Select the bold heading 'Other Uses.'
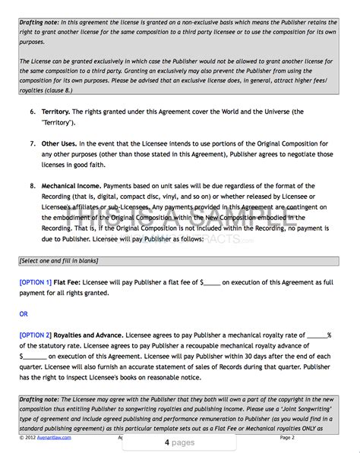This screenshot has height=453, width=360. pyautogui.click(x=62, y=143)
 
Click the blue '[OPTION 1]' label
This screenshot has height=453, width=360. pyautogui.click(x=36, y=282)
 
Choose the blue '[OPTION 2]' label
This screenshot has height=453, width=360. pyautogui.click(x=36, y=334)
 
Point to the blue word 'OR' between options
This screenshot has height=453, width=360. pyautogui.click(x=24, y=313)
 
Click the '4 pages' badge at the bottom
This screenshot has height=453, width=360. pyautogui.click(x=179, y=442)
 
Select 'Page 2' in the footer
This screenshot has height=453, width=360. pyautogui.click(x=286, y=438)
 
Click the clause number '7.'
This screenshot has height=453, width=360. pyautogui.click(x=33, y=143)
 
